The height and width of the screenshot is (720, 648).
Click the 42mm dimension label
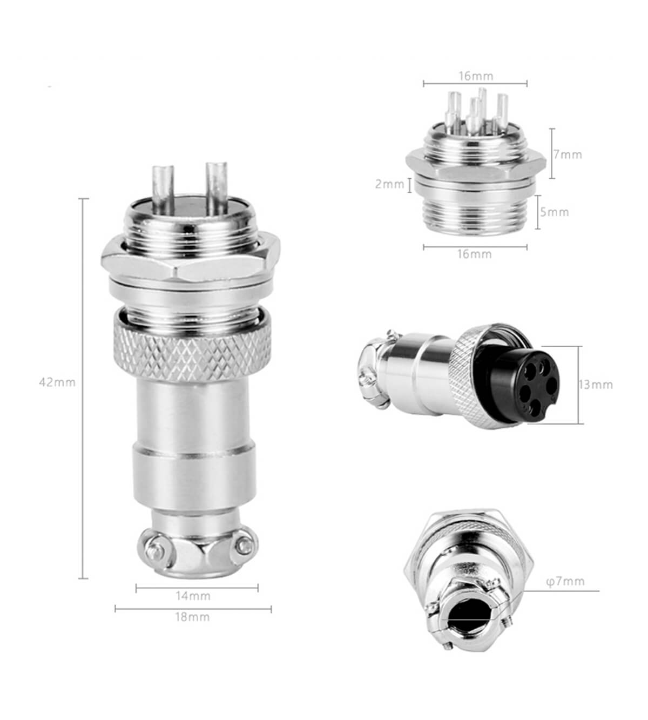(57, 382)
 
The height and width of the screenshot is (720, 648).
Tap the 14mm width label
(193, 596)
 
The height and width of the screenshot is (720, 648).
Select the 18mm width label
(192, 617)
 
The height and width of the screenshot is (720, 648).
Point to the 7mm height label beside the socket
(568, 154)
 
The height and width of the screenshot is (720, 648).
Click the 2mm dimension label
(389, 184)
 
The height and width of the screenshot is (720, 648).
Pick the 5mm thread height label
(555, 212)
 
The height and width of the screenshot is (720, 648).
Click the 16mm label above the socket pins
(476, 76)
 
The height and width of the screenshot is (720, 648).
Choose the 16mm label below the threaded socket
(475, 254)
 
